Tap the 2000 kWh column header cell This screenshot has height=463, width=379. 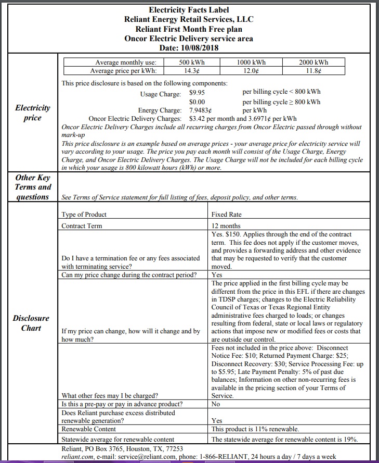coord(313,62)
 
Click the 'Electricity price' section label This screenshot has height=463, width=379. coord(33,113)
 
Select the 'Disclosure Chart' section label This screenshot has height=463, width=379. coord(31,323)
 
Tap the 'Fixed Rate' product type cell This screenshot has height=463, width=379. coord(226,214)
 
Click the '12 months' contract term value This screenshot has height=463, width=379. coord(226,226)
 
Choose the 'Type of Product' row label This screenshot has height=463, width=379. coord(84,214)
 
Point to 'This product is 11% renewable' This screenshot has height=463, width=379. coord(255,429)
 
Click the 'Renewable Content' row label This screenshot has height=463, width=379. coord(87,429)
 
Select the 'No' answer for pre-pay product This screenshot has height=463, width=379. coord(216,404)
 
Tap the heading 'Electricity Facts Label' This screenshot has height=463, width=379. coord(189,10)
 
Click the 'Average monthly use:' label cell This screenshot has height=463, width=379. coord(125,62)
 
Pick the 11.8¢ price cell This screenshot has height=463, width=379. coord(313,70)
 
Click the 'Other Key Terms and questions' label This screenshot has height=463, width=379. coord(33,187)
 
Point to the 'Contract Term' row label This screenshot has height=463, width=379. coord(82,226)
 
